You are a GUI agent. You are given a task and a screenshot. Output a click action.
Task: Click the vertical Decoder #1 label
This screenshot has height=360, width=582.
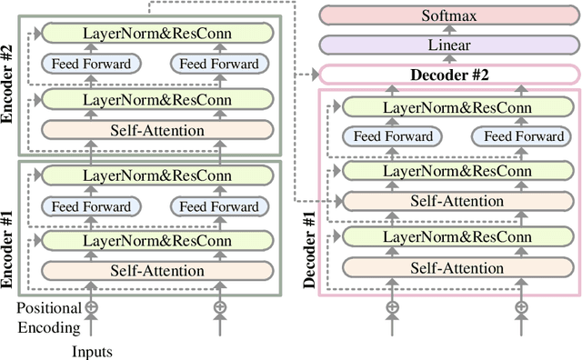click(309, 246)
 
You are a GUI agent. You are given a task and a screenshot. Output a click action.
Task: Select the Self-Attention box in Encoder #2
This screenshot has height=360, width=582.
click(156, 130)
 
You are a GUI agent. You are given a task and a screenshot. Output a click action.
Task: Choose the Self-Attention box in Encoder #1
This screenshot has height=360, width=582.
click(156, 270)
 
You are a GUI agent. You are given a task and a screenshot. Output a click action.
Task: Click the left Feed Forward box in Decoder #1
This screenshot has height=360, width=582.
click(391, 137)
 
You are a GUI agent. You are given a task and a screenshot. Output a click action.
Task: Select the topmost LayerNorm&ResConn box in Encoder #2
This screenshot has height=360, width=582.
click(156, 34)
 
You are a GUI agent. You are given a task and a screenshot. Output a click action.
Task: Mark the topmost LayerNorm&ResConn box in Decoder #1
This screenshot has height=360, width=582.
click(457, 106)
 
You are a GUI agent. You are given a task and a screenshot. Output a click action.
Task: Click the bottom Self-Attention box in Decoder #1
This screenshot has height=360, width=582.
click(457, 268)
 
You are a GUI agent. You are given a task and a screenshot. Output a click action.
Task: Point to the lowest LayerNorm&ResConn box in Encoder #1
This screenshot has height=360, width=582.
click(156, 240)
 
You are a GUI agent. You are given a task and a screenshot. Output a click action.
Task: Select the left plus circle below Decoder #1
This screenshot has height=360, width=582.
click(392, 307)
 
